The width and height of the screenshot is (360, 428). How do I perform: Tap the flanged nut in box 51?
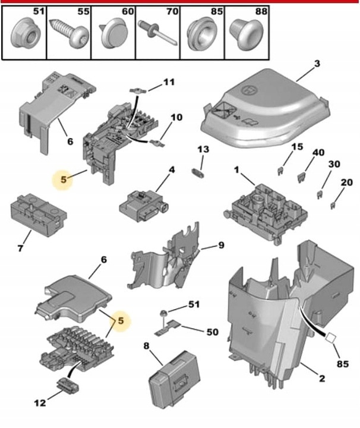[x=25, y=33]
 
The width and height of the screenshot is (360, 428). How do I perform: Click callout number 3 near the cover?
[x=317, y=63]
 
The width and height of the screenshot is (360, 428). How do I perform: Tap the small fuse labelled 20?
[x=332, y=205]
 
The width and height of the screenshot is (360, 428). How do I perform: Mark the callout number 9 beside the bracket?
[x=220, y=244]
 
